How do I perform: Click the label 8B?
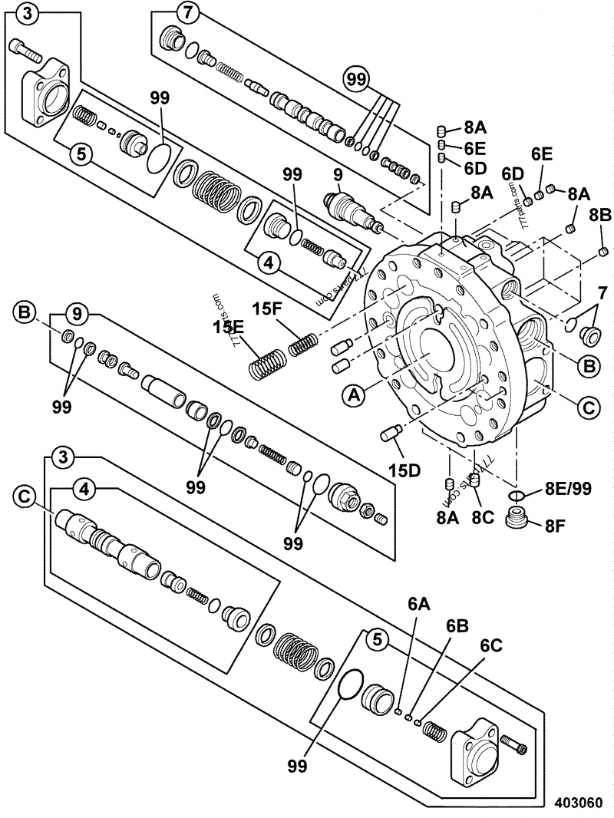click(x=600, y=214)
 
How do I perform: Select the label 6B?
click(x=457, y=625)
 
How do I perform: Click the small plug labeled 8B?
click(x=603, y=251)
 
